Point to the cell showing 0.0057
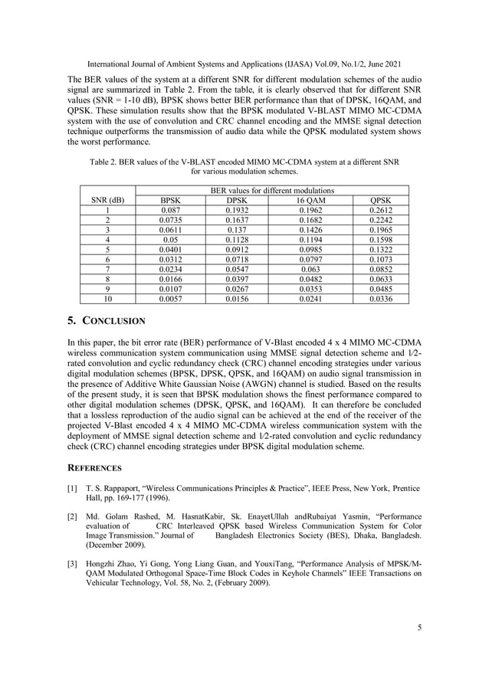point(169,299)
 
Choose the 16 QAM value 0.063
point(310,269)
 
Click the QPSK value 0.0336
point(380,299)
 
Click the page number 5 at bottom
point(419,628)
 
